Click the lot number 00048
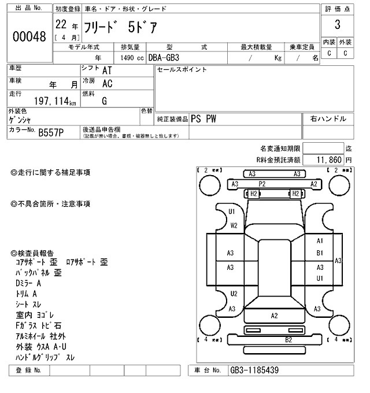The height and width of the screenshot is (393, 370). (x=29, y=36)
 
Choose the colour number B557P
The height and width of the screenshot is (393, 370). (x=51, y=133)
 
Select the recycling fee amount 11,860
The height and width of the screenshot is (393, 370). (x=325, y=159)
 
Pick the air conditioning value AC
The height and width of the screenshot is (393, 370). (x=107, y=84)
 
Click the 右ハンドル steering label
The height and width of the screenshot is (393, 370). (x=328, y=119)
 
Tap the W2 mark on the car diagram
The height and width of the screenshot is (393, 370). (x=234, y=225)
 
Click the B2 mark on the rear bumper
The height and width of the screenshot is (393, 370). (x=288, y=339)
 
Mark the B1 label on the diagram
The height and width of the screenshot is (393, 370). (x=320, y=253)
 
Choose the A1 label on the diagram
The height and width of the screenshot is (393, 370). (x=320, y=240)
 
